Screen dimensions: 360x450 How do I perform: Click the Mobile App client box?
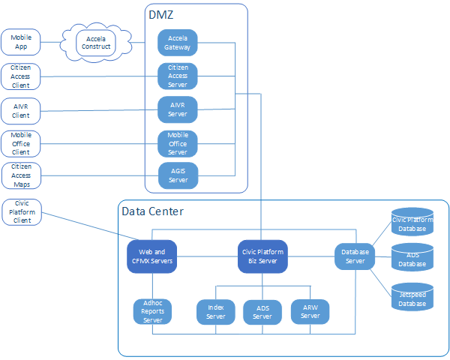click(20, 43)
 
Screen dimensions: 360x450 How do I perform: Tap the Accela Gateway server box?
click(178, 43)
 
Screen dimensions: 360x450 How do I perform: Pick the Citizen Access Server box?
click(178, 76)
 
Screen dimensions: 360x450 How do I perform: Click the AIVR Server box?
click(178, 109)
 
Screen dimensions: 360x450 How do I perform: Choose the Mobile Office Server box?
click(178, 142)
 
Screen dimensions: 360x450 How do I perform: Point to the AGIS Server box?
click(178, 175)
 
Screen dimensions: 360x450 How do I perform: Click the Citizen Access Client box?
click(20, 76)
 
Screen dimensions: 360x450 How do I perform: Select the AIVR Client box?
click(20, 111)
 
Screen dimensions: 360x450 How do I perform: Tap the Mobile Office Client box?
click(20, 142)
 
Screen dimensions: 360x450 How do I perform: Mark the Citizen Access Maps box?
click(20, 175)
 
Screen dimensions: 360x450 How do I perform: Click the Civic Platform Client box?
click(22, 211)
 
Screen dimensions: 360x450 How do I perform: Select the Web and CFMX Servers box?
click(151, 256)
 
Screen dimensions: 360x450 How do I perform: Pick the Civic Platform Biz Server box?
click(262, 256)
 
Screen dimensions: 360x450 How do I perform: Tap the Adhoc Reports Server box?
click(152, 310)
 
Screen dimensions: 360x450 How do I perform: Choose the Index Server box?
click(215, 311)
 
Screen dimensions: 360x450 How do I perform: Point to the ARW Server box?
click(310, 311)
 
